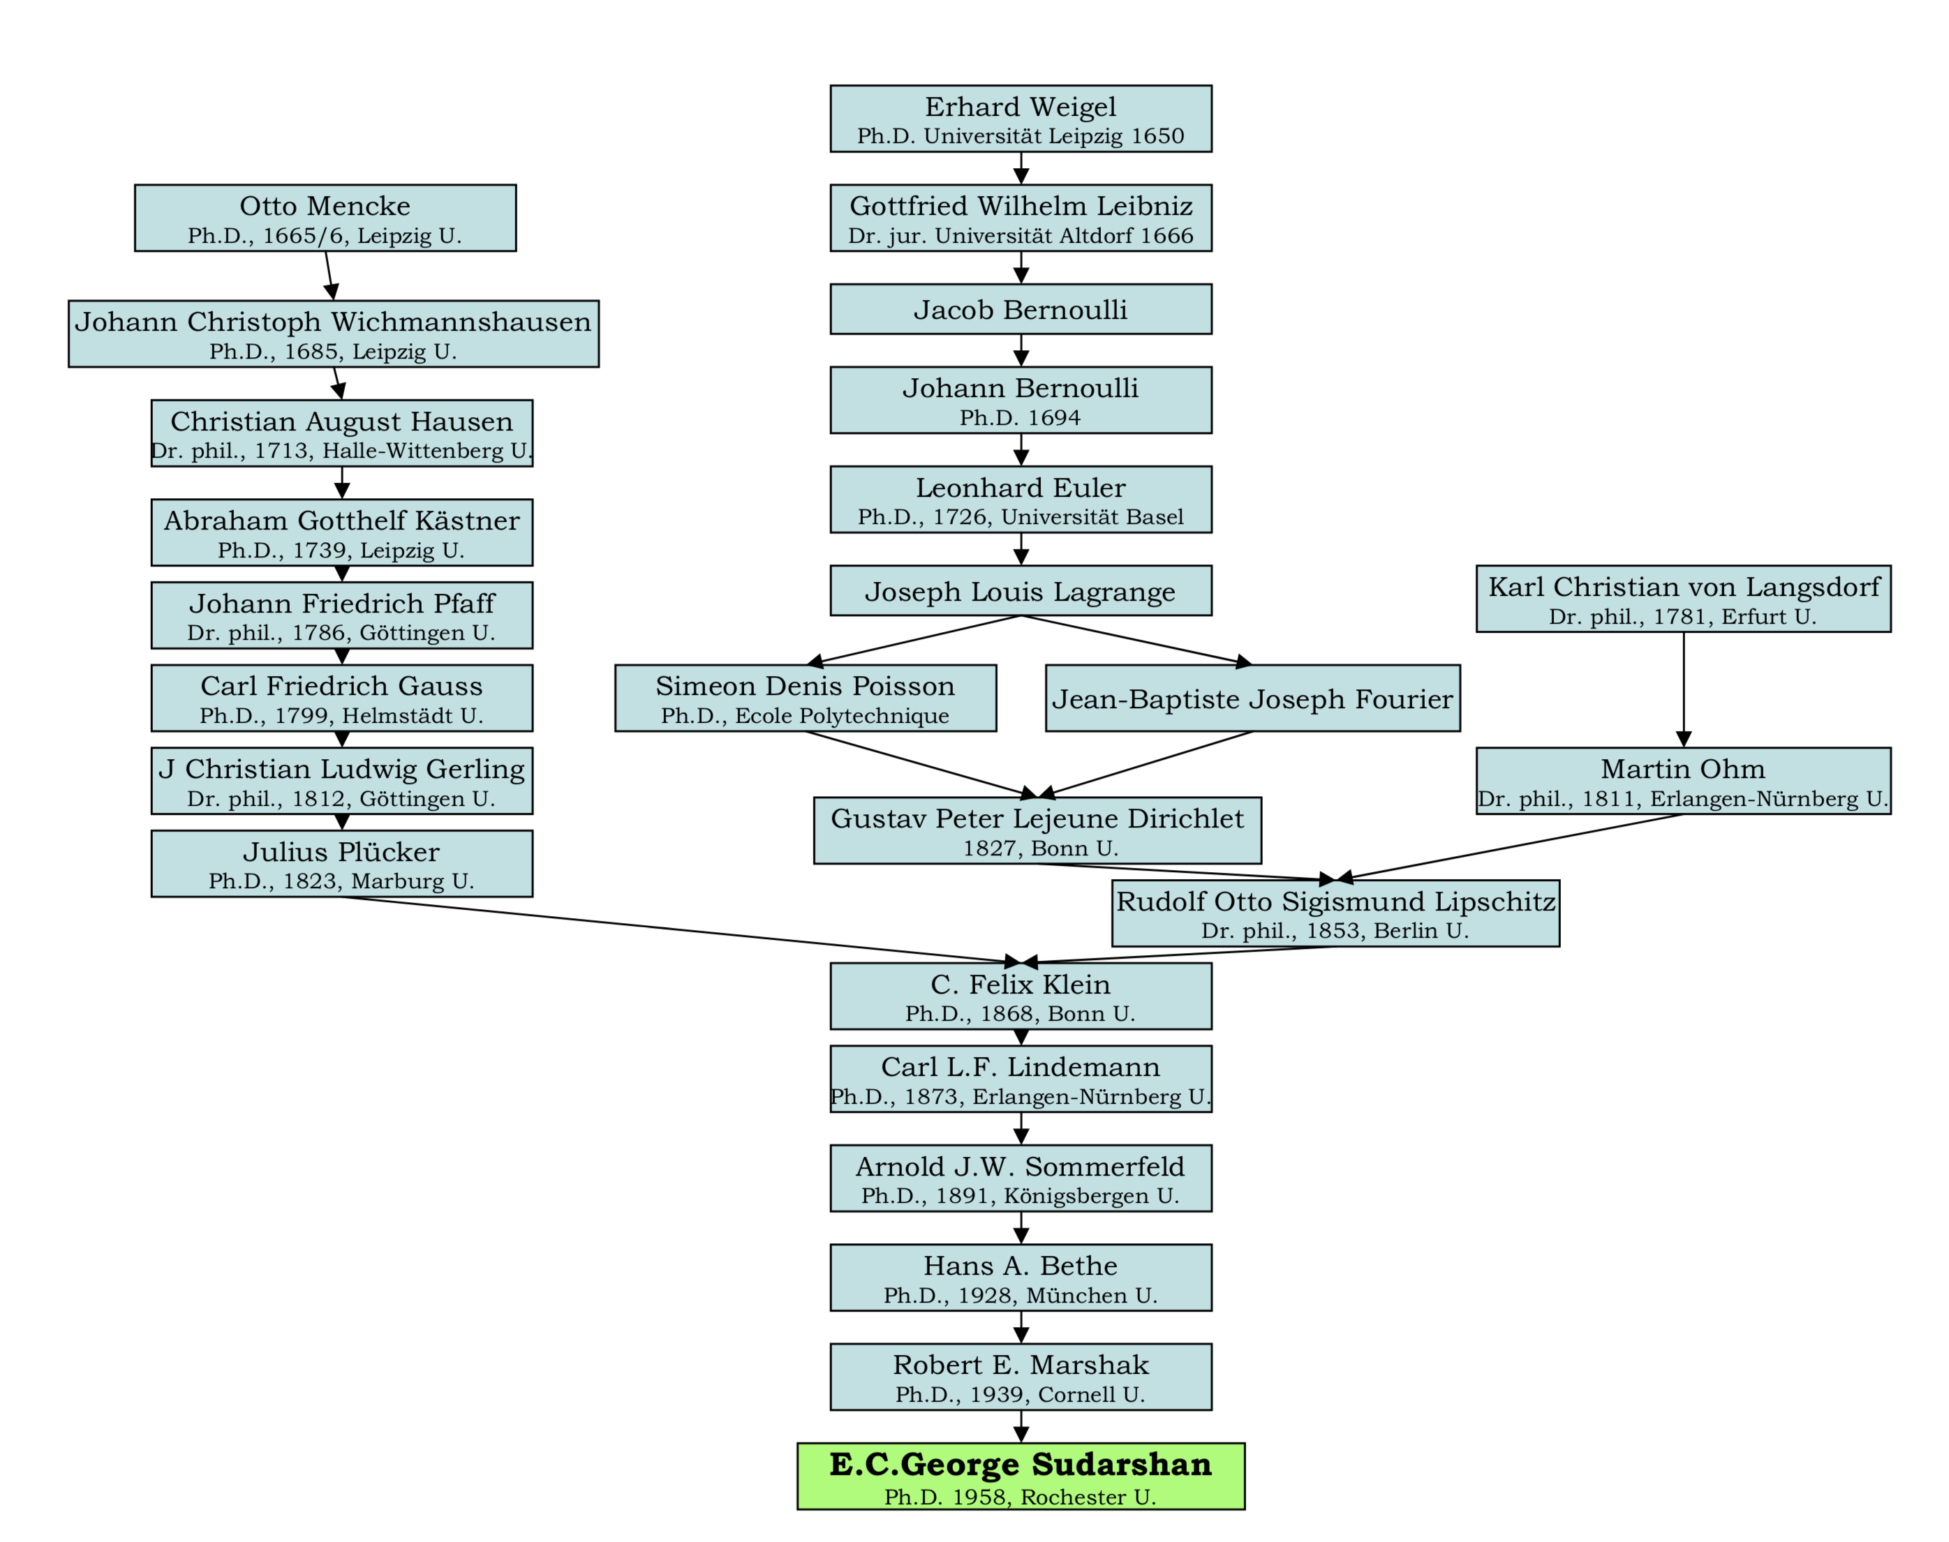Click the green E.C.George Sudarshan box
[1021, 1475]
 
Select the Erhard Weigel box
[1021, 119]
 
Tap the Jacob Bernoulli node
[1021, 309]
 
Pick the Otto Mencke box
[325, 218]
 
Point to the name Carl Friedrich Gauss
[341, 685]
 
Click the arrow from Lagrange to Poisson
[913, 640]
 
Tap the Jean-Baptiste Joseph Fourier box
[1252, 698]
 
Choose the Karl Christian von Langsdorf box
[1684, 599]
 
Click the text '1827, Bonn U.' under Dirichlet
[1040, 848]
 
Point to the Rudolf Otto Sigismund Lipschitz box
[1336, 913]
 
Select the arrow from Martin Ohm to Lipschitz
[1509, 847]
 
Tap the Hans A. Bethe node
[1021, 1278]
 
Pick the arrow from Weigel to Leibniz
[1021, 168]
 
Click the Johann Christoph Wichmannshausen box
[333, 333]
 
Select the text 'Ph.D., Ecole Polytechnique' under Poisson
[806, 716]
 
